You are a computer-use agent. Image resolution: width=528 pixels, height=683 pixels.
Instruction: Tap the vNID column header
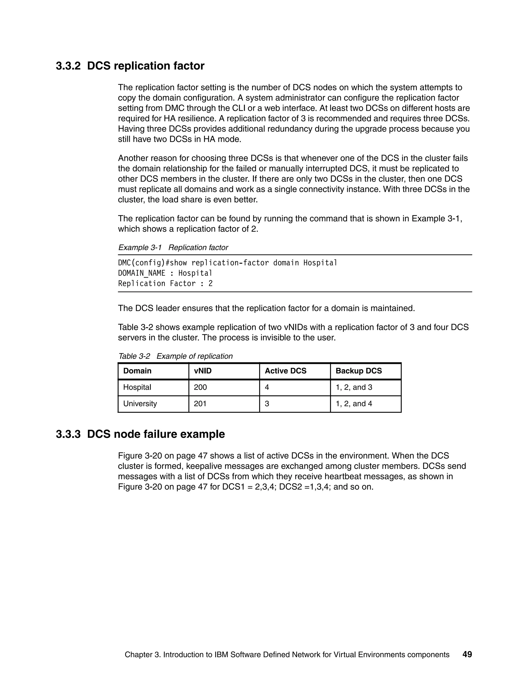pyautogui.click(x=203, y=371)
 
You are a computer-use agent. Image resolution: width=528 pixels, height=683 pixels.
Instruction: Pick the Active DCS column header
pyautogui.click(x=285, y=371)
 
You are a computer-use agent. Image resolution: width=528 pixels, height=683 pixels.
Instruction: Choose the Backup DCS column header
pyautogui.click(x=358, y=371)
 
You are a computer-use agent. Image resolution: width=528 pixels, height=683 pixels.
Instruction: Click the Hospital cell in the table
pyautogui.click(x=137, y=387)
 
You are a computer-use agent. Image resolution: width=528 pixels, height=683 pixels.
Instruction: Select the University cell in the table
pyautogui.click(x=140, y=404)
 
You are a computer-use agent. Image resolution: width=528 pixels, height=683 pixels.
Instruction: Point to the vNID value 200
pyautogui.click(x=200, y=387)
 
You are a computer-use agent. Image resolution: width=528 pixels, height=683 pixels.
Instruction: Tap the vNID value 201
pyautogui.click(x=200, y=404)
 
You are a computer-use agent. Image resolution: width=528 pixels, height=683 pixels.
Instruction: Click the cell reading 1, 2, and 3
pyautogui.click(x=354, y=387)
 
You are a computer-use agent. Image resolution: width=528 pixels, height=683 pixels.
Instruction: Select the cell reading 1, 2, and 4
pyautogui.click(x=354, y=404)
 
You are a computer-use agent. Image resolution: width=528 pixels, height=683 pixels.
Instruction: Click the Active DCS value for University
pyautogui.click(x=267, y=404)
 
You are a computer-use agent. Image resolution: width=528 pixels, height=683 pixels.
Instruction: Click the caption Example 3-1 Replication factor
pyautogui.click(x=173, y=248)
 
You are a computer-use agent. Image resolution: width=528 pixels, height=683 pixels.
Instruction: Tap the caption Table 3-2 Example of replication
pyautogui.click(x=175, y=356)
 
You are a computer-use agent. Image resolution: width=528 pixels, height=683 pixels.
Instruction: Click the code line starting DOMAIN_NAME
pyautogui.click(x=165, y=273)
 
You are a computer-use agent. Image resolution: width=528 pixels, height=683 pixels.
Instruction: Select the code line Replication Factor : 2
pyautogui.click(x=165, y=284)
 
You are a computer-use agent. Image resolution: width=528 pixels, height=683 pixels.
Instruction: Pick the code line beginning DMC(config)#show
pyautogui.click(x=227, y=263)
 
